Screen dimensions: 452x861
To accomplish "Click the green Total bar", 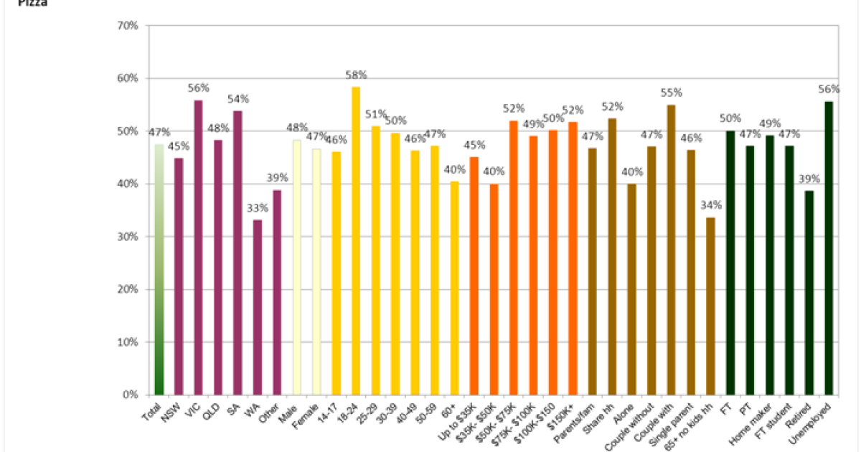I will (159, 269).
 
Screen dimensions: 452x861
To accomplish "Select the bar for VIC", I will (198, 248).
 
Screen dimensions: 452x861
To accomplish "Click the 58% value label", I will (357, 75).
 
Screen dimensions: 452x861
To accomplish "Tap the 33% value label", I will (258, 208).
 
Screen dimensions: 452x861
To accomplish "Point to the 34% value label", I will (712, 205).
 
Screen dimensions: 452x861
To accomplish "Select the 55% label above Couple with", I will (672, 93).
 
